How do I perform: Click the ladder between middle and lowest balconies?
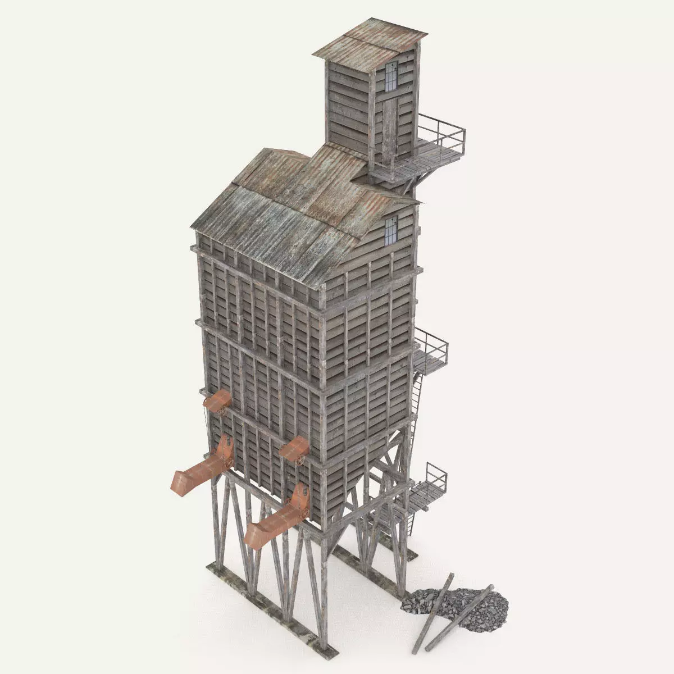416,404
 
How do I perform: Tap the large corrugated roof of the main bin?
281,208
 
